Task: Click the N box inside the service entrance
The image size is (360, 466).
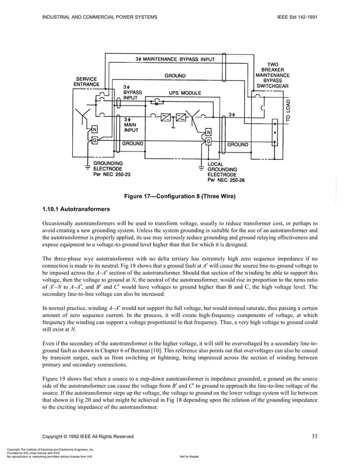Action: pyautogui.click(x=95, y=128)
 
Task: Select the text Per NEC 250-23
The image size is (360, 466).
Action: pyautogui.click(x=112, y=175)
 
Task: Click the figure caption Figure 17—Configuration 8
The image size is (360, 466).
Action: pyautogui.click(x=179, y=197)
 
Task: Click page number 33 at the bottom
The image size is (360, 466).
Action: pyautogui.click(x=314, y=435)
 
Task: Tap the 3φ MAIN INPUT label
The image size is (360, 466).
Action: pyautogui.click(x=130, y=124)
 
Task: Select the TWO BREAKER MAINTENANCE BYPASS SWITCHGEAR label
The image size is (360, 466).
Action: pyautogui.click(x=273, y=75)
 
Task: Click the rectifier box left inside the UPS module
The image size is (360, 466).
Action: pyautogui.click(x=166, y=117)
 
